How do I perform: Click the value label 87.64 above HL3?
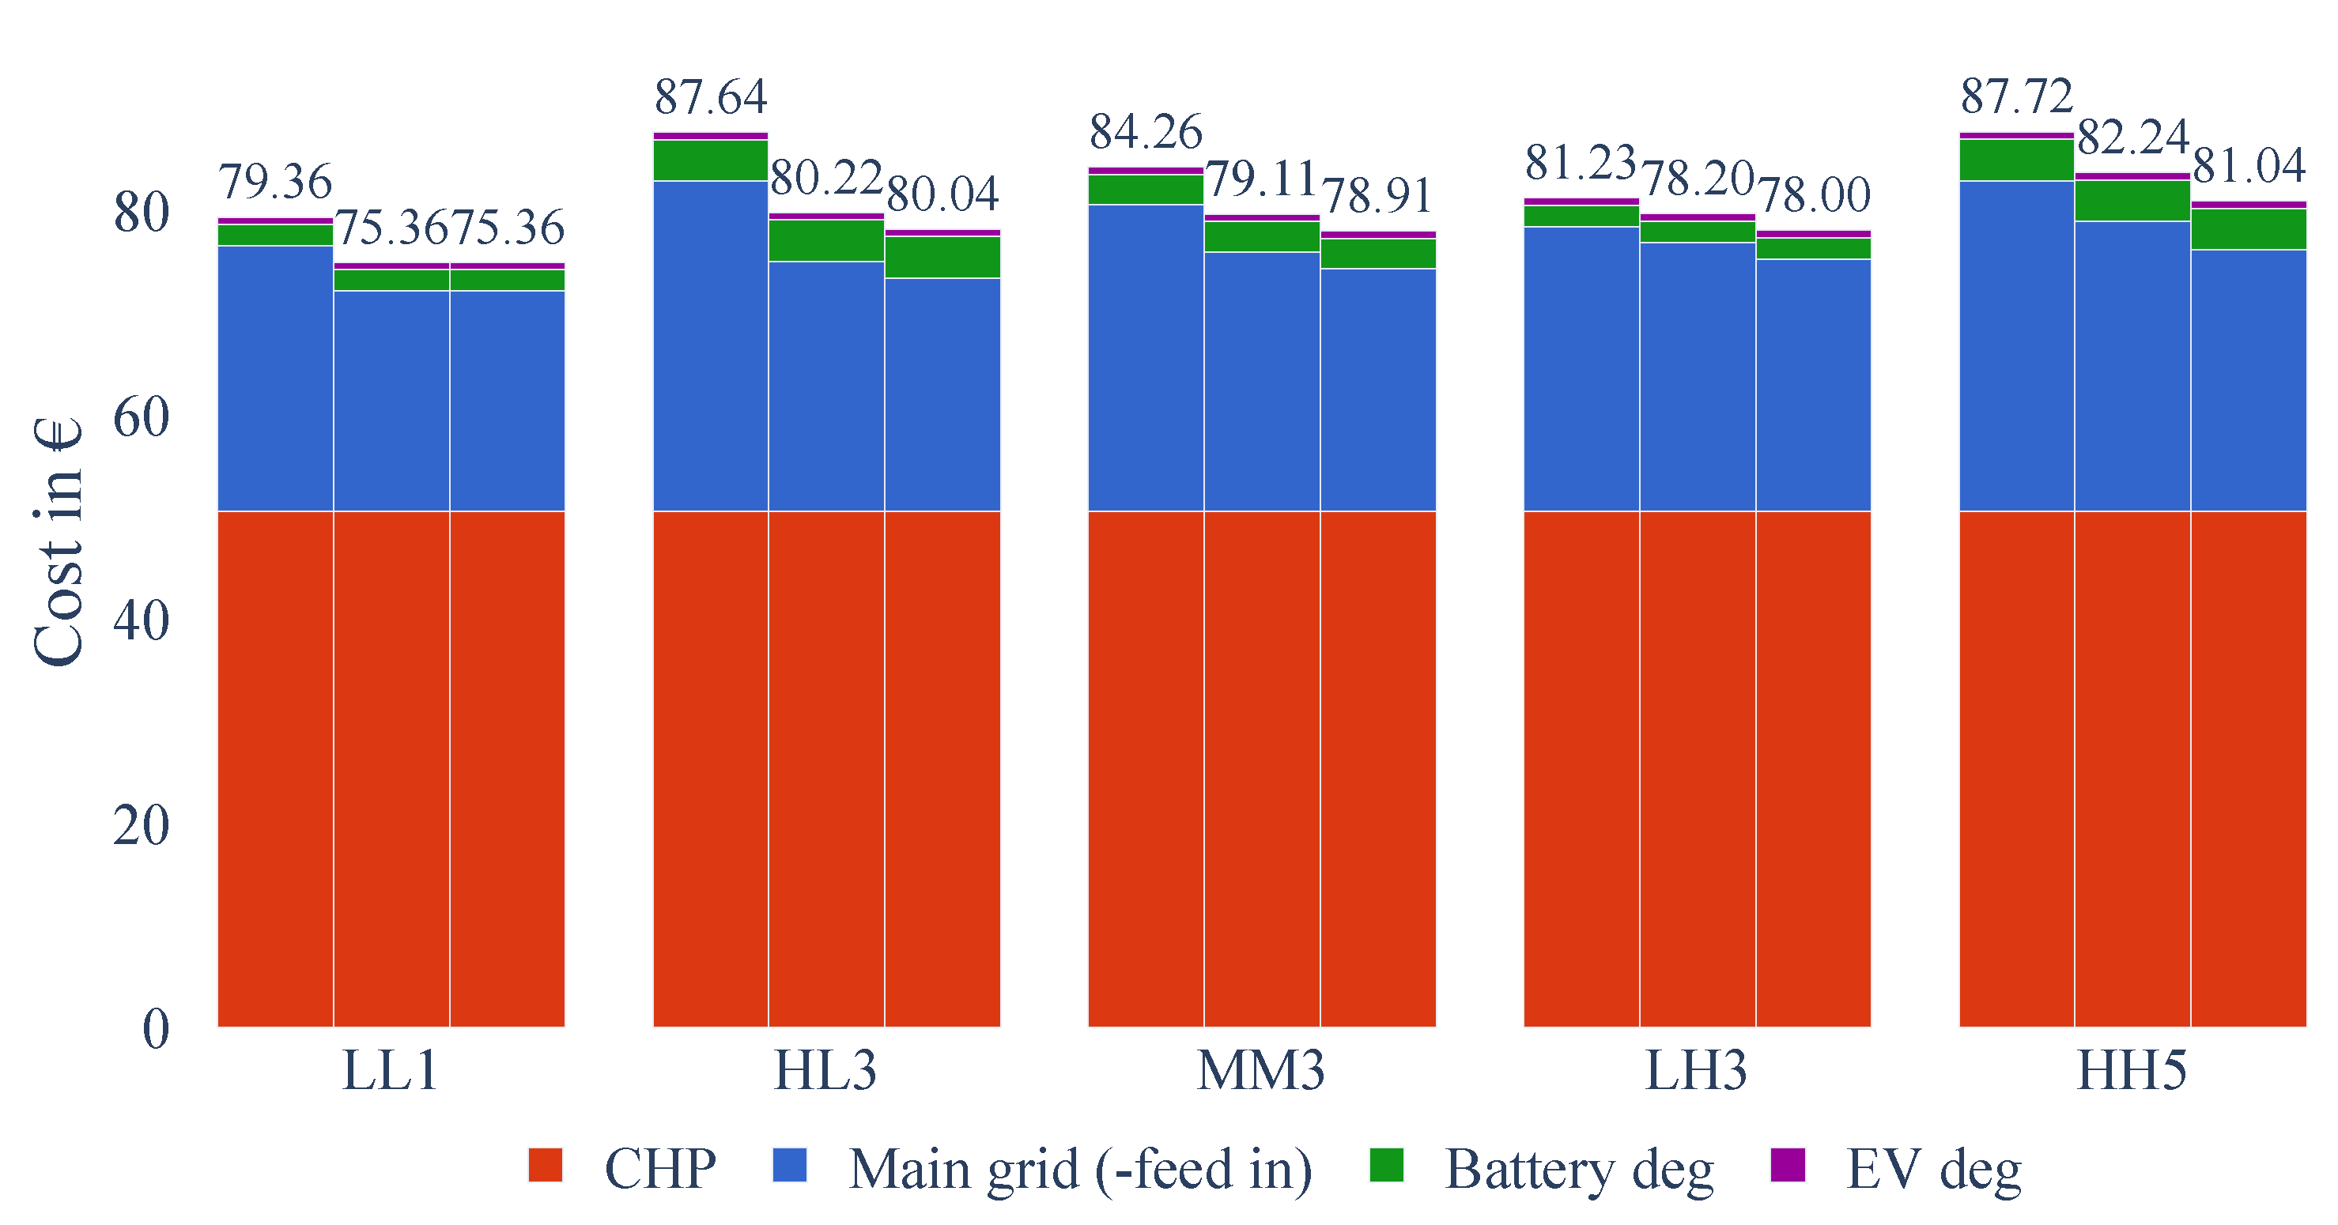click(711, 96)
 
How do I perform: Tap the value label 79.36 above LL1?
click(276, 182)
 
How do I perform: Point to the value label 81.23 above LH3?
click(1581, 163)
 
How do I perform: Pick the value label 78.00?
click(1814, 195)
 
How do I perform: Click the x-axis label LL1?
click(391, 1071)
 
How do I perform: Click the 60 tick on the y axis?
click(142, 417)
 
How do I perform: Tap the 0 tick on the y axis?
click(156, 1029)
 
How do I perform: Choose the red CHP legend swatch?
click(546, 1165)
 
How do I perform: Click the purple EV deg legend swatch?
click(1788, 1165)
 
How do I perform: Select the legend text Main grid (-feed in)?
click(1080, 1169)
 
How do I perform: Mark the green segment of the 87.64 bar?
click(711, 160)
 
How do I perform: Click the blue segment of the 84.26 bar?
click(1146, 359)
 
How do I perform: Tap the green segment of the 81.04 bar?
click(2248, 229)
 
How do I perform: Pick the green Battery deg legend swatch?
click(1387, 1165)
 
